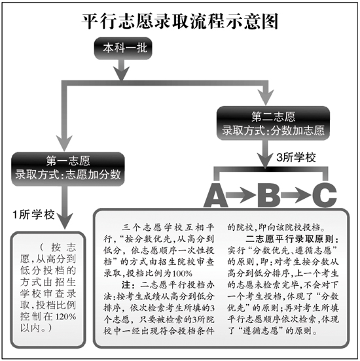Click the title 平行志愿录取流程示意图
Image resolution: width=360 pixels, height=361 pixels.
click(x=180, y=21)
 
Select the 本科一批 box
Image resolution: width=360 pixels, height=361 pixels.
click(x=123, y=48)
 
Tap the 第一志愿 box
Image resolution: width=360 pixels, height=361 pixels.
click(x=68, y=169)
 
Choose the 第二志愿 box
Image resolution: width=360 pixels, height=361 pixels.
click(x=273, y=123)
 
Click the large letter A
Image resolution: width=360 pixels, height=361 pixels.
click(x=215, y=196)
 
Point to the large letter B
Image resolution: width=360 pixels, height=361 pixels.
click(x=269, y=196)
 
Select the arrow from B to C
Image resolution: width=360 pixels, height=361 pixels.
click(x=296, y=196)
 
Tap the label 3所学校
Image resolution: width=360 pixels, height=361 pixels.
click(x=296, y=158)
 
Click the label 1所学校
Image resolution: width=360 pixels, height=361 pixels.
click(x=33, y=215)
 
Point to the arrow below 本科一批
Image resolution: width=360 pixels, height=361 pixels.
click(x=122, y=70)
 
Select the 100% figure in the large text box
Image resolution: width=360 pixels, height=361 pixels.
click(x=182, y=273)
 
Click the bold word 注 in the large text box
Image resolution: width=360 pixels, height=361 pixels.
click(x=126, y=285)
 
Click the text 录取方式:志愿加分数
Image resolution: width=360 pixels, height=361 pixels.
click(x=68, y=175)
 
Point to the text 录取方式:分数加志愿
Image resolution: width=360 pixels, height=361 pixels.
click(x=273, y=130)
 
